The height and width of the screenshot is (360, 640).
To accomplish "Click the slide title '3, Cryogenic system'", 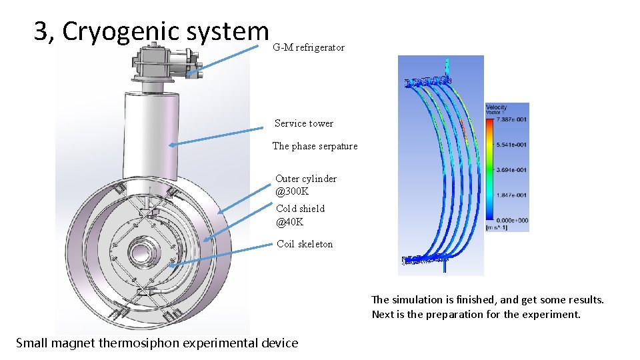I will pos(151,31).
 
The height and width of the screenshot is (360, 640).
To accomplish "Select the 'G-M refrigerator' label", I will pos(309,47).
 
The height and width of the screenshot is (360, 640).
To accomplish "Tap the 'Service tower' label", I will pos(303,123).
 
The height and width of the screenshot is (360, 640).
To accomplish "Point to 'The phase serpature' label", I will pos(315,146).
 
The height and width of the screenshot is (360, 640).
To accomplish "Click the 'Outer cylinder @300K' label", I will pos(305,185).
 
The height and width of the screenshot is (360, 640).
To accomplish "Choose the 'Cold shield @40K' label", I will pos(300,215).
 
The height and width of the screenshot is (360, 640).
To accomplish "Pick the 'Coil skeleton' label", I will pos(305,244).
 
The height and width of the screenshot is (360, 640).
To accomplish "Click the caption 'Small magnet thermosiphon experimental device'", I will pos(157,343).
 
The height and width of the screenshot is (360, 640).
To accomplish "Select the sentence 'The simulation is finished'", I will pos(487,300).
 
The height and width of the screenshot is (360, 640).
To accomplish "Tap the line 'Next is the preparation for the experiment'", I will pos(476,315).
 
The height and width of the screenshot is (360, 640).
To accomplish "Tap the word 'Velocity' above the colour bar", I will pos(497,107).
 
